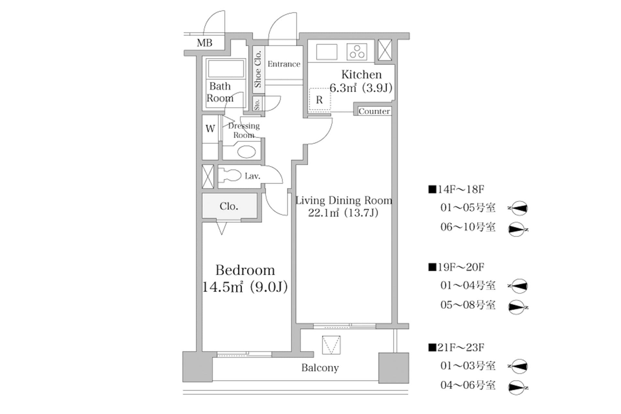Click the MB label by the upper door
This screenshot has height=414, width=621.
[x=204, y=43]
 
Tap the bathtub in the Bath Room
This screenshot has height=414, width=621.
[x=226, y=69]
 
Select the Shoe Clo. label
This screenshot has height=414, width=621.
[x=258, y=69]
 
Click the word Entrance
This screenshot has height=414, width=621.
[x=284, y=64]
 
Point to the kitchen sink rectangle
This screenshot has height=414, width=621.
[x=327, y=52]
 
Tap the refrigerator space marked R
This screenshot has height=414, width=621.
[x=319, y=100]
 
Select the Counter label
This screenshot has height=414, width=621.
[x=374, y=111]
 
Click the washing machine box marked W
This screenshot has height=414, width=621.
[x=210, y=129]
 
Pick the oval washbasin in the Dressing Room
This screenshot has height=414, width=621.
[x=246, y=152]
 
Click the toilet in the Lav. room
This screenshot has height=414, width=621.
[x=230, y=176]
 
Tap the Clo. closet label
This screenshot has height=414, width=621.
[x=229, y=206]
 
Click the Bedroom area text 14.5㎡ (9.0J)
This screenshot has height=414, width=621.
[x=245, y=287]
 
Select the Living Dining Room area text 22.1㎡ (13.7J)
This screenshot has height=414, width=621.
[x=343, y=213]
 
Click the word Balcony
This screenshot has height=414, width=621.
[x=320, y=368]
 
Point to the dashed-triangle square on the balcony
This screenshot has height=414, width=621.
[x=331, y=345]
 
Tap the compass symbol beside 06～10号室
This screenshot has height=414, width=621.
[x=517, y=229]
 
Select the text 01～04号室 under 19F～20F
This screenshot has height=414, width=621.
[x=468, y=285]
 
